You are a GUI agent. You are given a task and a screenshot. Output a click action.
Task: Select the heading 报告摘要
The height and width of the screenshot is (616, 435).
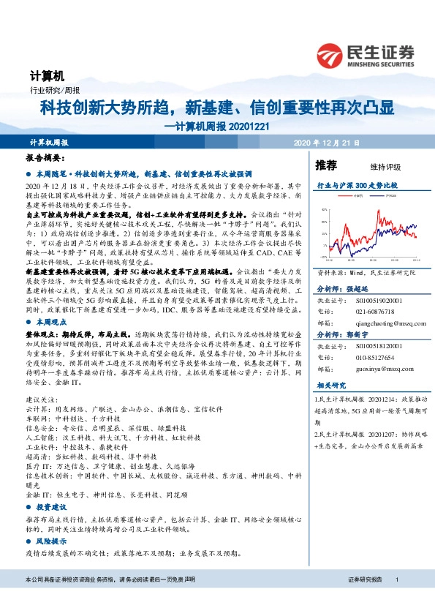pos(45,157)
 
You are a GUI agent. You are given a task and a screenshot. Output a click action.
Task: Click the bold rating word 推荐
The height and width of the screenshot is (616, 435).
pos(326,164)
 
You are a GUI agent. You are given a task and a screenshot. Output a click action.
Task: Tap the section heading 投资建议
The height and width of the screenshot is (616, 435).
pos(52,506)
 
